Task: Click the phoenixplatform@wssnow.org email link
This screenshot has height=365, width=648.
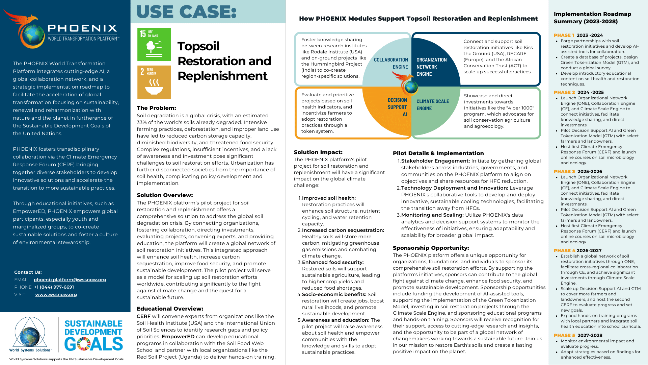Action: [x=70, y=280]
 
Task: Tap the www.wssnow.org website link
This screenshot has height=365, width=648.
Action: [x=56, y=295]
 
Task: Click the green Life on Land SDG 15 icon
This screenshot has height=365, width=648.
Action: [x=154, y=44]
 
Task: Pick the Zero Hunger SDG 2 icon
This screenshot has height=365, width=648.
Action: [x=154, y=82]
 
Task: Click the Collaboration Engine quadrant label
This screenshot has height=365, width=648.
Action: [x=391, y=63]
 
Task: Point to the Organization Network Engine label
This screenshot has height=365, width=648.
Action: [x=431, y=67]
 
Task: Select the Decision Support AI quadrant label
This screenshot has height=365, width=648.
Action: [x=397, y=107]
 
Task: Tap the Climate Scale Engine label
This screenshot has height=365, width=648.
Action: [x=433, y=105]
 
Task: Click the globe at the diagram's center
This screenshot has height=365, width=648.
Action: [x=411, y=87]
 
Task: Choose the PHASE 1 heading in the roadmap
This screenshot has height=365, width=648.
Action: [x=564, y=35]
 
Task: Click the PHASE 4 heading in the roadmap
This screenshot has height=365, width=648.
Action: [x=565, y=251]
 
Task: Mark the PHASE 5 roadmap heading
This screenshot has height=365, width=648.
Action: [x=564, y=336]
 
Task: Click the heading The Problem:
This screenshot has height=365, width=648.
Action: [x=156, y=108]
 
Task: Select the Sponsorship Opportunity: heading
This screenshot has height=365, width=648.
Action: [x=431, y=248]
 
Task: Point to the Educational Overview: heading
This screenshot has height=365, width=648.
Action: [x=170, y=309]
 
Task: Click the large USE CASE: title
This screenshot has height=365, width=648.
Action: [x=186, y=12]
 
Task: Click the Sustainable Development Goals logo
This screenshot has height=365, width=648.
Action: [x=93, y=336]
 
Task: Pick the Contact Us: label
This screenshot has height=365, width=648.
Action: [x=28, y=272]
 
